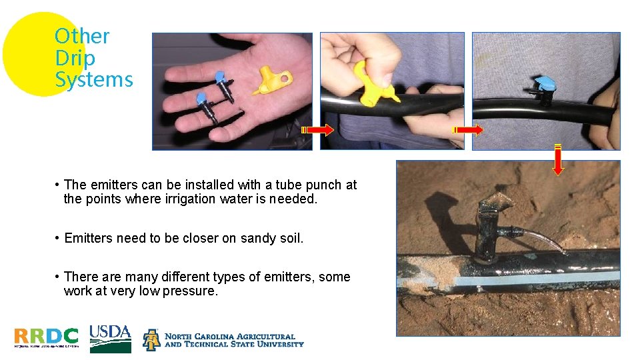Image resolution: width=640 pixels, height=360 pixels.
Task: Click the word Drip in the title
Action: coord(75,58)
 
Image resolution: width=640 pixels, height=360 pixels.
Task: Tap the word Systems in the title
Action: coord(94,80)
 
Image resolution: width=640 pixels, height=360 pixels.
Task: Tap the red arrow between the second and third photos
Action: coord(468,129)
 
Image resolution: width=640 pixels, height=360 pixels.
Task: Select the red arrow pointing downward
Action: coord(558,159)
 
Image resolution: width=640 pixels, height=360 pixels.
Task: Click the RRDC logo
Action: coord(46,337)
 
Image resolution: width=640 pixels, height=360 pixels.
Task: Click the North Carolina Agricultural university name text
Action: coord(233,340)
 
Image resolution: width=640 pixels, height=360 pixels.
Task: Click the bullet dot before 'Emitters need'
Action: coord(59,238)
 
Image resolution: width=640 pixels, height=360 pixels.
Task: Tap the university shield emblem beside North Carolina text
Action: coord(151,339)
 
